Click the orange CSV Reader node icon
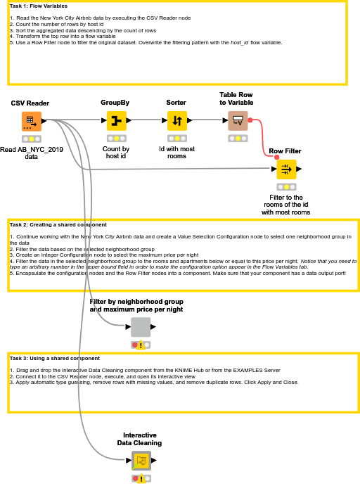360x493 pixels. [32, 121]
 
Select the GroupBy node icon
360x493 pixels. [117, 121]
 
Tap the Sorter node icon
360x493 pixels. [177, 121]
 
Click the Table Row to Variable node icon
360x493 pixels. [238, 121]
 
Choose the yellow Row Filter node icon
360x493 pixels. [286, 169]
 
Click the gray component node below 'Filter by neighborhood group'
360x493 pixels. [141, 327]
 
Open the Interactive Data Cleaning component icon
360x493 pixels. [141, 461]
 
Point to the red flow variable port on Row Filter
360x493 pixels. [277, 158]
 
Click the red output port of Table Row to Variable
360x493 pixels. [250, 120]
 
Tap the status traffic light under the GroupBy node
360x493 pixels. [117, 139]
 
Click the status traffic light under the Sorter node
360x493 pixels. [177, 139]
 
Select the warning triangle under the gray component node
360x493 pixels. [141, 345]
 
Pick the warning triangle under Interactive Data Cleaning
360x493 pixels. [141, 478]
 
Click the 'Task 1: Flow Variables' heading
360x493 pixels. [39, 6]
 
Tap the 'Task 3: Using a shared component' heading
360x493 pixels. [55, 358]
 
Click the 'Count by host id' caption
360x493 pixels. [116, 153]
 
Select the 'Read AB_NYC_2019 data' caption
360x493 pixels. [32, 153]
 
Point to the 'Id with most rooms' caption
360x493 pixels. [176, 153]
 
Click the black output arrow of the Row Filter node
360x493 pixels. [299, 169]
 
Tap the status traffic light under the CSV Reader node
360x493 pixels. [32, 139]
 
